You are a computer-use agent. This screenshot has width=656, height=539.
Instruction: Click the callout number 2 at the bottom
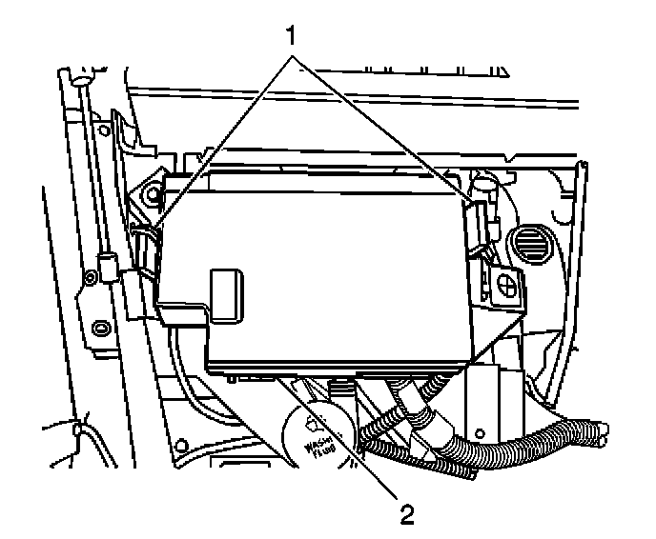pos(407,515)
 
